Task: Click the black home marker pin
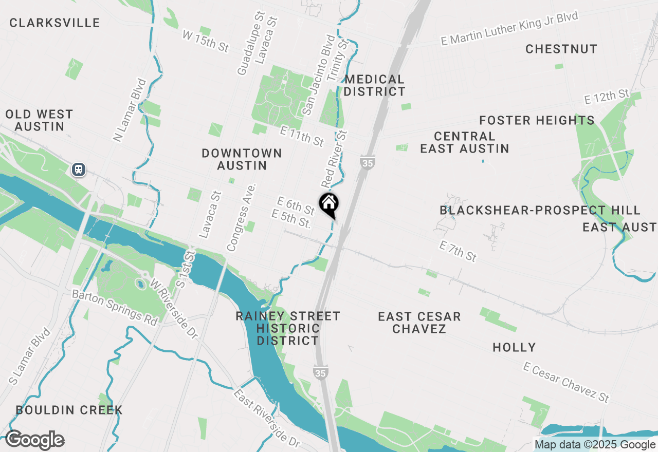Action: coord(329,205)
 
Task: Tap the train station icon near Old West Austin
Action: coord(79,169)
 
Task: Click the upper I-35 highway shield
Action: coord(368,162)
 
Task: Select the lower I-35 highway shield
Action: coord(320,373)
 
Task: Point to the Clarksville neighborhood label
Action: coord(54,23)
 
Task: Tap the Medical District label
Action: coord(374,86)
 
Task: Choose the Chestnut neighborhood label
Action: coord(561,49)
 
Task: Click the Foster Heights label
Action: coord(537,120)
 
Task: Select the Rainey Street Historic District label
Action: coord(288,328)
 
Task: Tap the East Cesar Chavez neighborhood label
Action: coord(419,323)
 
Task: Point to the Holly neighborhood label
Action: coord(514,347)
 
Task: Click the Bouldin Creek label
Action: coord(69,410)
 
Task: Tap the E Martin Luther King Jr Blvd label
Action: coord(509,29)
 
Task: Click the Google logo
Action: coord(34,440)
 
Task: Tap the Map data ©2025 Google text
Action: coord(595,445)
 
